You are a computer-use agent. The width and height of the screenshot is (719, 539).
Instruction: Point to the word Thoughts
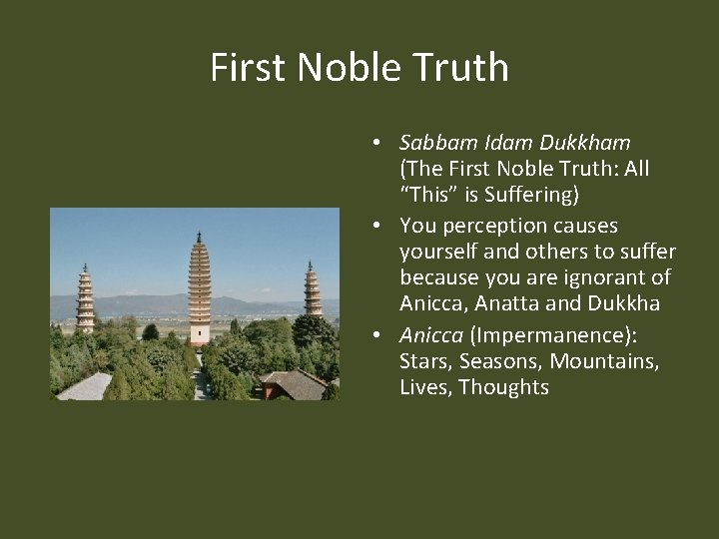(503, 387)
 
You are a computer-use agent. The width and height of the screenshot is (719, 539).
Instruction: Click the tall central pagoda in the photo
(200, 294)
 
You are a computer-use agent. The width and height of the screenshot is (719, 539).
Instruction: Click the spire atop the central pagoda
(200, 238)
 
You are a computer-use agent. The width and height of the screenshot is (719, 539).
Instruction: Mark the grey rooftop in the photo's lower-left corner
(85, 387)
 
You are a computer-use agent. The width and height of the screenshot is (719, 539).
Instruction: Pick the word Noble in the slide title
(347, 67)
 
